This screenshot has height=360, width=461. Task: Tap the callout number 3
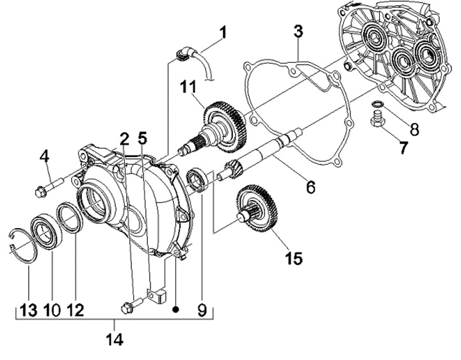298,31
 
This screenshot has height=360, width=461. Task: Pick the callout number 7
403,147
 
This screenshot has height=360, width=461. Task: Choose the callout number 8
414,129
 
